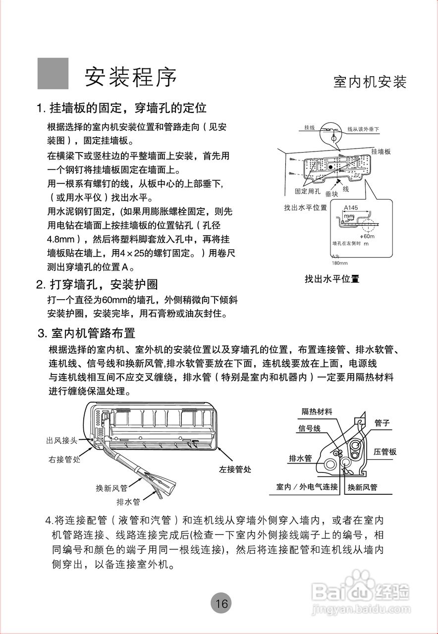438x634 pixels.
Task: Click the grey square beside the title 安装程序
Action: pos(53,73)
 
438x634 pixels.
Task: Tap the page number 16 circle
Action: pos(221,603)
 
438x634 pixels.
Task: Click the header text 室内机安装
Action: pos(370,82)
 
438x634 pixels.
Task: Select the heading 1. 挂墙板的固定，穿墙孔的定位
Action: pos(121,107)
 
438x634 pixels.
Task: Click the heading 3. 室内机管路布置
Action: pos(87,332)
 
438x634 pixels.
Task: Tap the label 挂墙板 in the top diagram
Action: pos(381,152)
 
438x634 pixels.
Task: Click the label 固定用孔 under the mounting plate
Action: pos(308,191)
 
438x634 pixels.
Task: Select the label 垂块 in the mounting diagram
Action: pos(331,195)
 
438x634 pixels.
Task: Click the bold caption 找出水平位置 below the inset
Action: pos(331,279)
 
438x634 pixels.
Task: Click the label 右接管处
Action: pos(64,459)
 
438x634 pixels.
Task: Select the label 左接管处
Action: pos(235,469)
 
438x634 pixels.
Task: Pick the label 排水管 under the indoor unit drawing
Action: pos(128,502)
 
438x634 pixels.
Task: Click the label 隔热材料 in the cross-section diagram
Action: pos(317,411)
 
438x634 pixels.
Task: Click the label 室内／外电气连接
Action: pos(307,487)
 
